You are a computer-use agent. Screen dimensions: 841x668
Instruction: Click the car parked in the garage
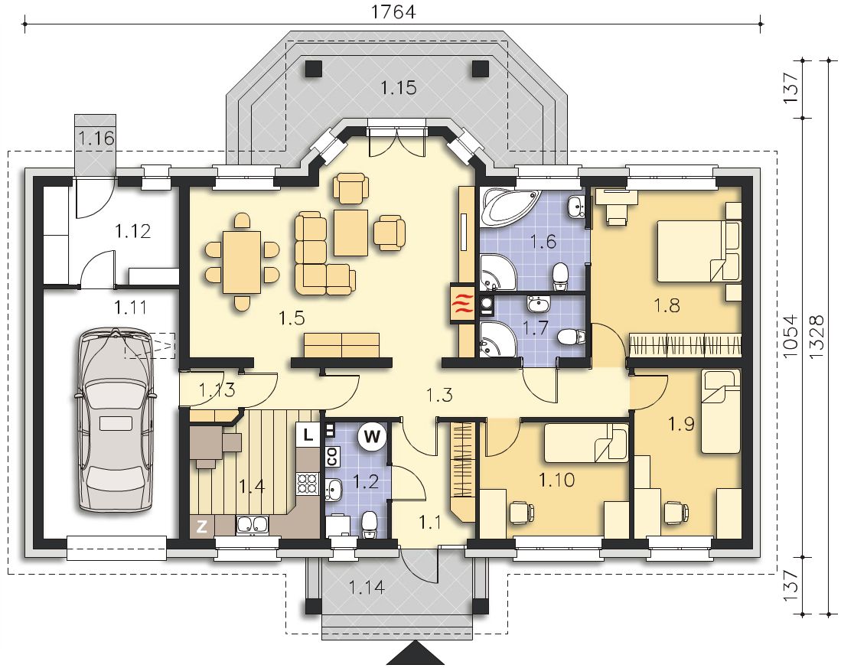(116, 421)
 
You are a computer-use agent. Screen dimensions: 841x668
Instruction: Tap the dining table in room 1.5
(242, 262)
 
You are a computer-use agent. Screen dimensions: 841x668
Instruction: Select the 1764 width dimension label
(393, 11)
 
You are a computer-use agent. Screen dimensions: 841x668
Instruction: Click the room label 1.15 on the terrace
(399, 87)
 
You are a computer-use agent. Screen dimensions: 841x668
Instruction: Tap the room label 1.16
(96, 138)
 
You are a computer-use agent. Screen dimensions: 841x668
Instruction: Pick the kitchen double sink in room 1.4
(252, 525)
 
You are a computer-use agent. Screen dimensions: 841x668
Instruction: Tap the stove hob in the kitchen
(308, 484)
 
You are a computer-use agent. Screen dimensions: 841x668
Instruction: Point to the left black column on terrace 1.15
(314, 69)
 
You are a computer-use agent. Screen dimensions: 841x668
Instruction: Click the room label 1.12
(132, 232)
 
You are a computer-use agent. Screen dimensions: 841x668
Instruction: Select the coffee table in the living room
(350, 233)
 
